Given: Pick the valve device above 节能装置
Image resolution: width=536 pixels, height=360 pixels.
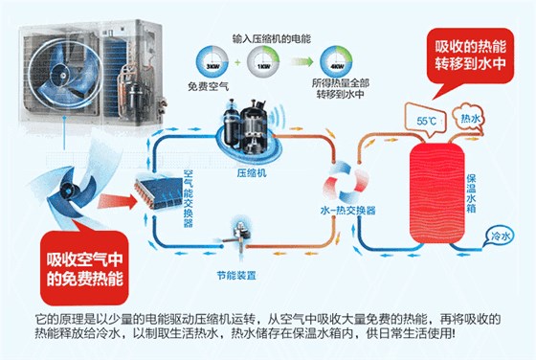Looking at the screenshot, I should tap(234, 234).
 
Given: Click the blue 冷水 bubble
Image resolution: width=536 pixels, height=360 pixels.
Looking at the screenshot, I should tap(499, 235).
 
